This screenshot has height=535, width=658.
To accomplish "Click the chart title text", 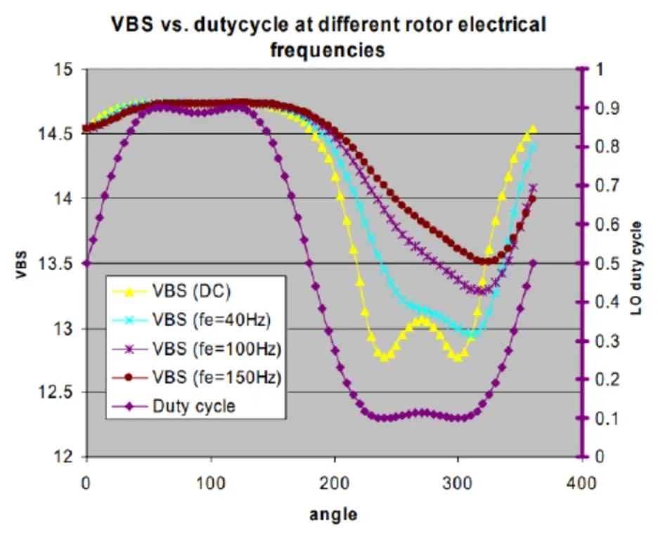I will click(x=328, y=37).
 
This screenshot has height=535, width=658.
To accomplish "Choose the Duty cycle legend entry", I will click(x=193, y=406).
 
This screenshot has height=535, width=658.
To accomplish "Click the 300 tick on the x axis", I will click(x=458, y=484).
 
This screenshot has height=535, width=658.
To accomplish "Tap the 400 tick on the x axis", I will click(x=581, y=484).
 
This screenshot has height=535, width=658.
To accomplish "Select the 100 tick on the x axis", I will click(x=210, y=484).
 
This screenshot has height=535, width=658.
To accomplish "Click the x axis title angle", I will click(x=333, y=514).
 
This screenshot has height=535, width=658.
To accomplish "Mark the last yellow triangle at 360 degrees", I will click(x=533, y=129).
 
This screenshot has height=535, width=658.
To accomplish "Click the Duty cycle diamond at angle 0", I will click(x=86, y=263).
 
